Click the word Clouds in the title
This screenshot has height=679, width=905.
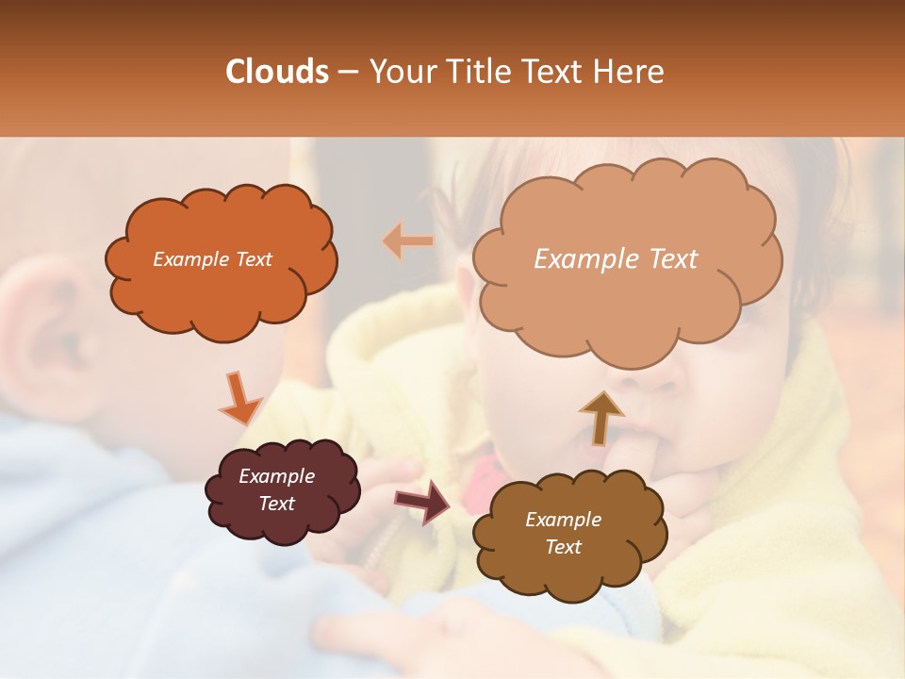point(277,72)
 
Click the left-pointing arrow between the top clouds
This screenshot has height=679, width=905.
point(407,240)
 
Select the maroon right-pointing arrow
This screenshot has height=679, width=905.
point(423,501)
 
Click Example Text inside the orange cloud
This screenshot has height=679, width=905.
point(212,259)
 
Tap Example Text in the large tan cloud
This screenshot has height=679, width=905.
point(616,259)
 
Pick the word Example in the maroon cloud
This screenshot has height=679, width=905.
point(276,476)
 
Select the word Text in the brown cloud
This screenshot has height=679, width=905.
point(563,547)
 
